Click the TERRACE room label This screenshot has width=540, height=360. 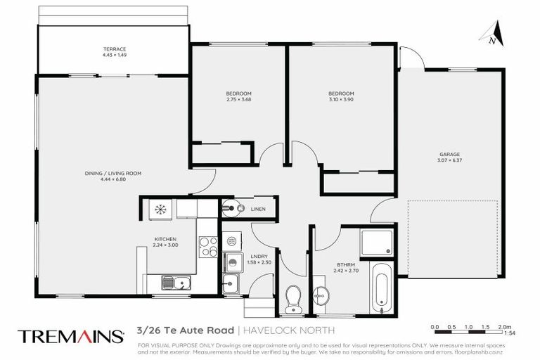click(x=113, y=49)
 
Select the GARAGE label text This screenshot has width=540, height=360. click(x=449, y=154)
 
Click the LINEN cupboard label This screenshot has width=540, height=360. click(x=257, y=209)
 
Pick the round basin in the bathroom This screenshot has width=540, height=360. click(x=320, y=295)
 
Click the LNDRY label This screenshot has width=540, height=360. click(x=256, y=257)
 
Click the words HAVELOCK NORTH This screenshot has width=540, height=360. click(x=288, y=330)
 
